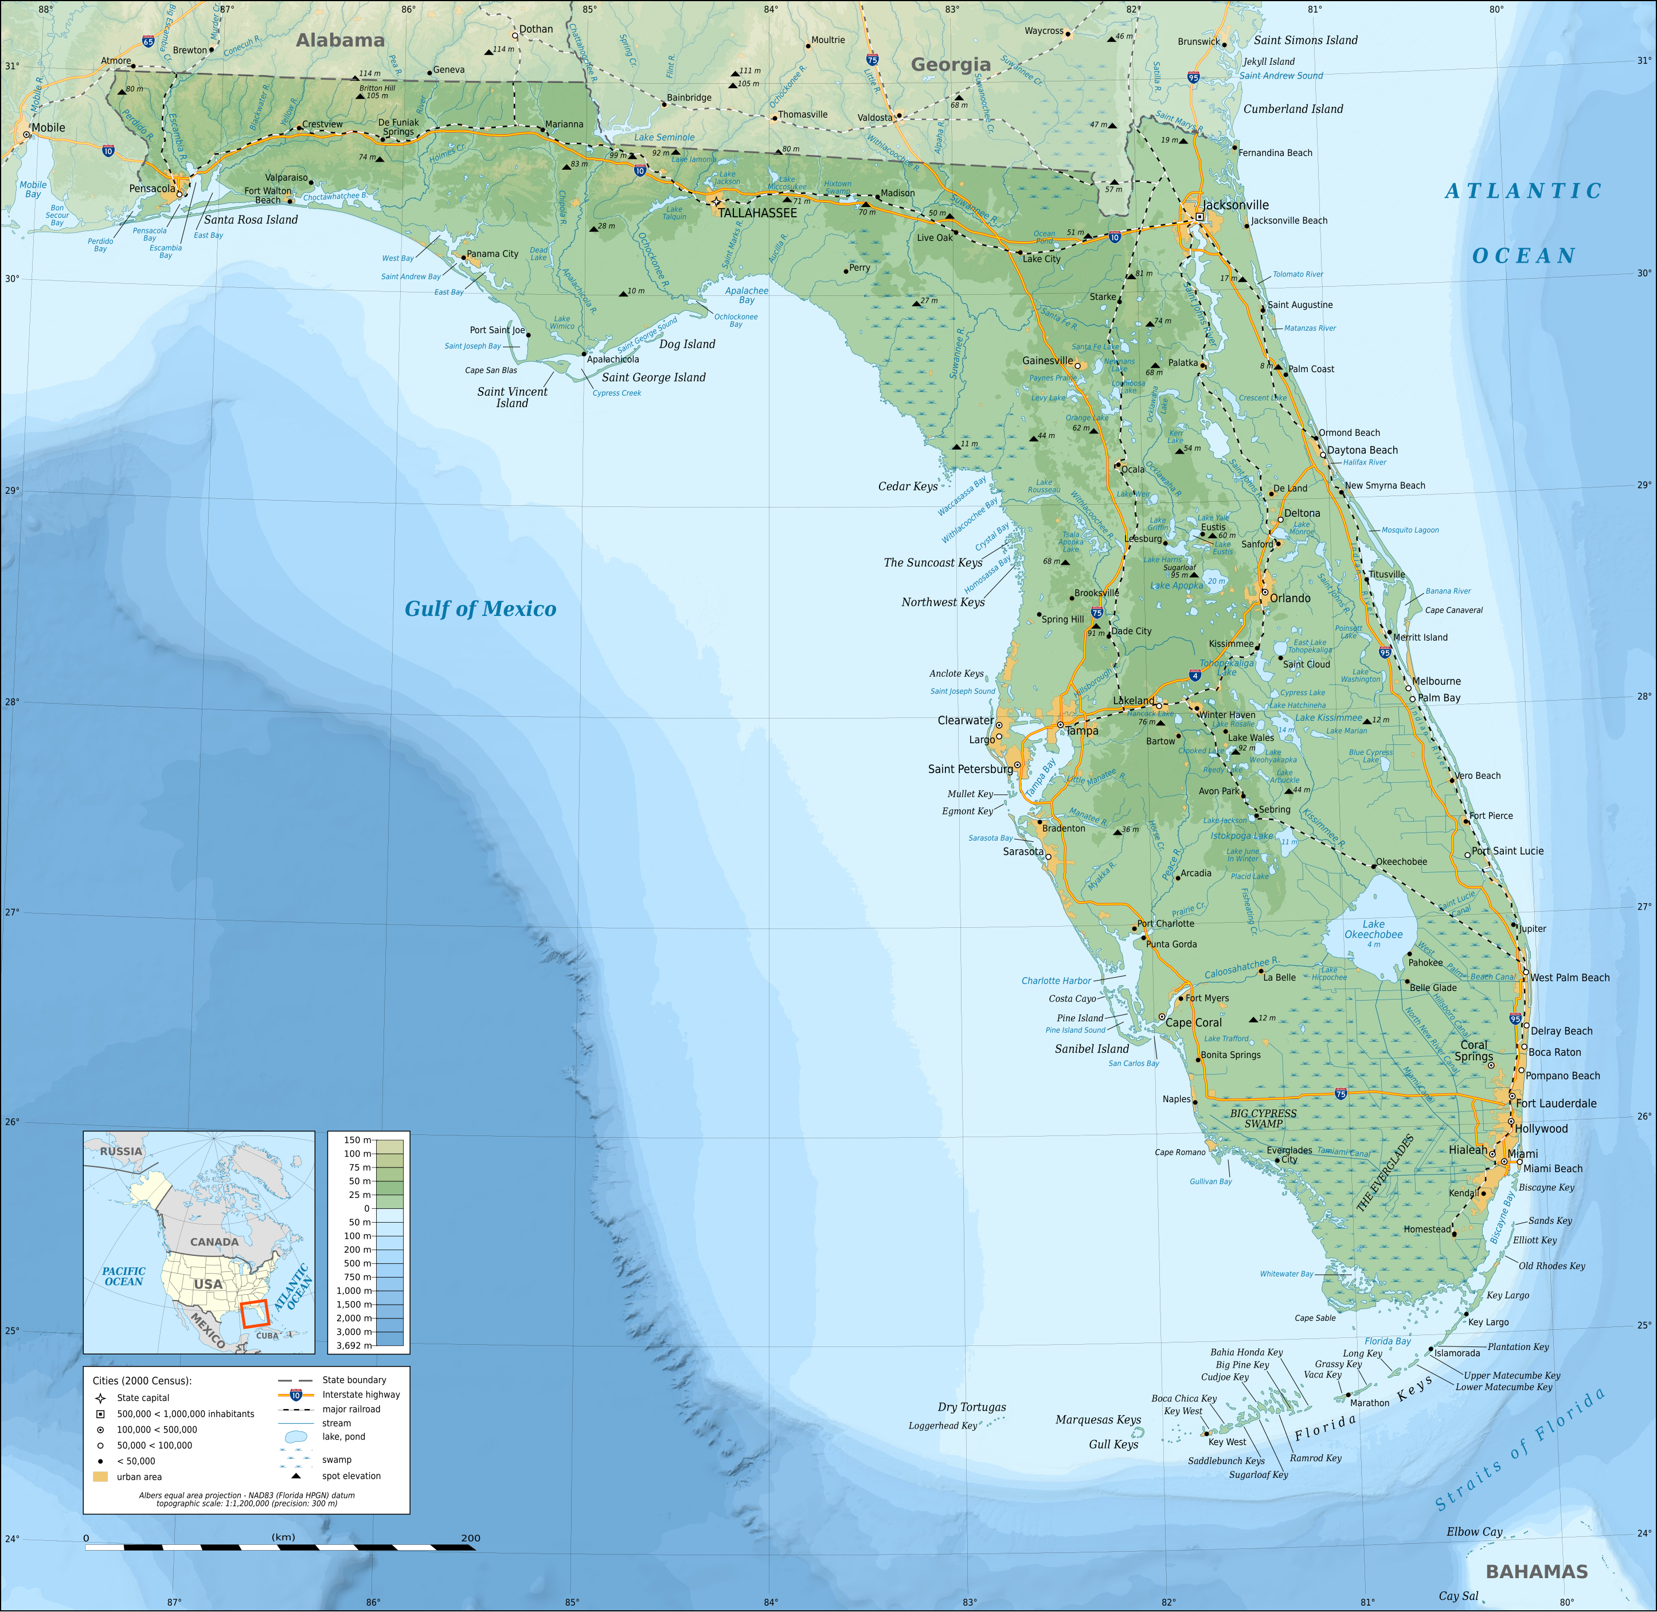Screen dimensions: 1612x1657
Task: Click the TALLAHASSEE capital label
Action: tap(757, 213)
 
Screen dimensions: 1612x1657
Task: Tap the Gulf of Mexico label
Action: tap(480, 609)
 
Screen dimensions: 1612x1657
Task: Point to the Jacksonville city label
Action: tap(1236, 205)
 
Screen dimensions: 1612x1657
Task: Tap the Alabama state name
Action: tap(340, 40)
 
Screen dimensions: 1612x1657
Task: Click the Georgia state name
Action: tap(951, 64)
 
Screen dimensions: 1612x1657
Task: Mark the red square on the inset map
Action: tap(254, 1314)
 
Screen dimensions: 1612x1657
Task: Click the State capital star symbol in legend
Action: tap(101, 1398)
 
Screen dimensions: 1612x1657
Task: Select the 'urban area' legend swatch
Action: tap(101, 1477)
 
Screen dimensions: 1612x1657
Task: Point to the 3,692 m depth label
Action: tap(354, 1345)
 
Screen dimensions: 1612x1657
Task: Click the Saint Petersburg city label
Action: tap(970, 769)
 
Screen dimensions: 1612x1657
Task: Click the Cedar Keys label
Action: tap(907, 486)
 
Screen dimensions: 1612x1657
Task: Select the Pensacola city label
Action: tap(153, 188)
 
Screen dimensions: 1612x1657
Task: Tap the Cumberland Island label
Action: tap(1292, 108)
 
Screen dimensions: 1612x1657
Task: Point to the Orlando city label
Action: tap(1289, 598)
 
